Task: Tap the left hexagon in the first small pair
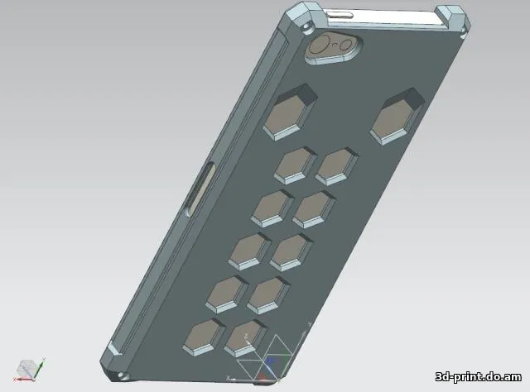point(295,165)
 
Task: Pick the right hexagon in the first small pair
point(335,166)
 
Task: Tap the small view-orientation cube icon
point(27,368)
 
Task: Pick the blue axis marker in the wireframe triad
point(269,361)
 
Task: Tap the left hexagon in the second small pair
point(273,207)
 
